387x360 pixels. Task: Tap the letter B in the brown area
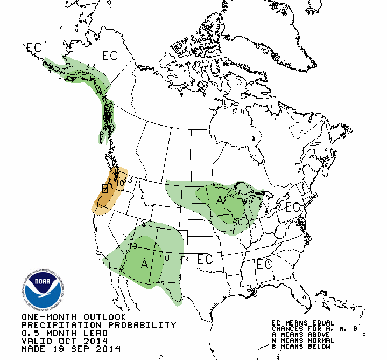coord(105,189)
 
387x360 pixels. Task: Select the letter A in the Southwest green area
coord(144,263)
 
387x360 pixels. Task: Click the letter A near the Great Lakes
coord(220,200)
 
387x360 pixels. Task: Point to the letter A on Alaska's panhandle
coord(99,91)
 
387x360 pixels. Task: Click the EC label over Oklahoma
coord(205,259)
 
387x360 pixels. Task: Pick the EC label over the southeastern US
coord(264,264)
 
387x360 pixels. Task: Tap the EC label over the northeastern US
coord(293,207)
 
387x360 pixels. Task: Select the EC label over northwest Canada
coord(110,56)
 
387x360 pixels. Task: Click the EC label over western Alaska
coord(34,47)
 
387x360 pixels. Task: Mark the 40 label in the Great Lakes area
coord(238,221)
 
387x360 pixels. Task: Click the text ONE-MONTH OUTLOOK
coord(74,317)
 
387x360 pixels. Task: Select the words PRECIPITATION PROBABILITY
coord(98,325)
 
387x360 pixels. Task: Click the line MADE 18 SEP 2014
coord(71,349)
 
